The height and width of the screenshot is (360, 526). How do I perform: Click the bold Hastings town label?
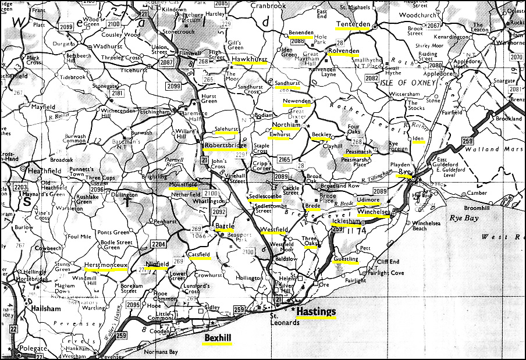click(x=316, y=312)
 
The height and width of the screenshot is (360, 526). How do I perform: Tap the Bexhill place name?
click(x=216, y=337)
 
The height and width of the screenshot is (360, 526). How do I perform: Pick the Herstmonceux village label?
click(x=105, y=265)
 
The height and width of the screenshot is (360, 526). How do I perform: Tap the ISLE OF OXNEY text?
click(x=410, y=83)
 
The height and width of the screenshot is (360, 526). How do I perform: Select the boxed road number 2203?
click(x=21, y=187)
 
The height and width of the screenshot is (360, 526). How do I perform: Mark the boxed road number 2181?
click(x=117, y=93)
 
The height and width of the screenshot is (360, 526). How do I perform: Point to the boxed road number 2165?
click(x=284, y=159)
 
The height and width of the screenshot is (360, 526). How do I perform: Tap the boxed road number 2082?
click(x=372, y=78)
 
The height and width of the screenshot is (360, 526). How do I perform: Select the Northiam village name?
click(x=286, y=125)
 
